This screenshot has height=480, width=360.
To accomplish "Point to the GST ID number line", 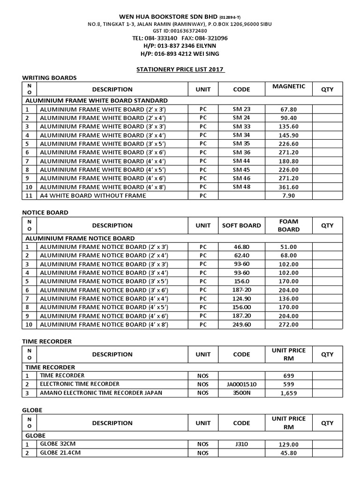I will (180, 30).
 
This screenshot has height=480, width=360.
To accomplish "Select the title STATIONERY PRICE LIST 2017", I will (180, 69).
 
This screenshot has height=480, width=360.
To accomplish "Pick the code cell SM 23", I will (241, 109).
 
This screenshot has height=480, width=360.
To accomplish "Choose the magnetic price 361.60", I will (288, 187).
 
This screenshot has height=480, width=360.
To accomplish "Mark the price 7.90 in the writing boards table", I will (288, 195).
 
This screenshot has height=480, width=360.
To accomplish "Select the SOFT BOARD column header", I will (241, 225).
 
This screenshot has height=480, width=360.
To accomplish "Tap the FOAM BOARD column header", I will (288, 225).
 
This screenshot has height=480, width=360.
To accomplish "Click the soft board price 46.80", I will (241, 247).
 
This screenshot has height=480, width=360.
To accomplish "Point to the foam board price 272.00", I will (288, 324).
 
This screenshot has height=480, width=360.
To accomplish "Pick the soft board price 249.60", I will (241, 324).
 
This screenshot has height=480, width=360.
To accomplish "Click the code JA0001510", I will (241, 384).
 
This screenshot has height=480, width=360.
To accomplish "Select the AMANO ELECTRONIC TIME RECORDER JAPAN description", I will (101, 393).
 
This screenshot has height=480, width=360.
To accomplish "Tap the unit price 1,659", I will (288, 393).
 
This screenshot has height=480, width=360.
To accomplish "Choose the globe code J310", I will (241, 444).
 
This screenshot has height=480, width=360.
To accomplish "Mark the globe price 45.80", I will (288, 453).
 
